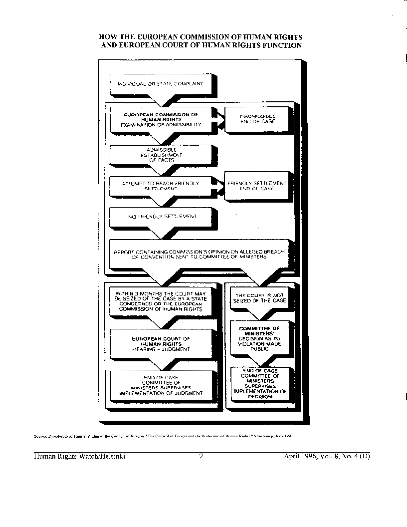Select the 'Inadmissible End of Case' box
257,118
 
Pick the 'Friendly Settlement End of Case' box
257,186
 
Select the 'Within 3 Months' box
160,301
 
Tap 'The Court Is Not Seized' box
260,298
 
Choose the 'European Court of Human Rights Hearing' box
160,344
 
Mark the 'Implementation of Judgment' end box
160,385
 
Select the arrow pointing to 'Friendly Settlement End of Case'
218,187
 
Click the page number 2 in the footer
201,456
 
